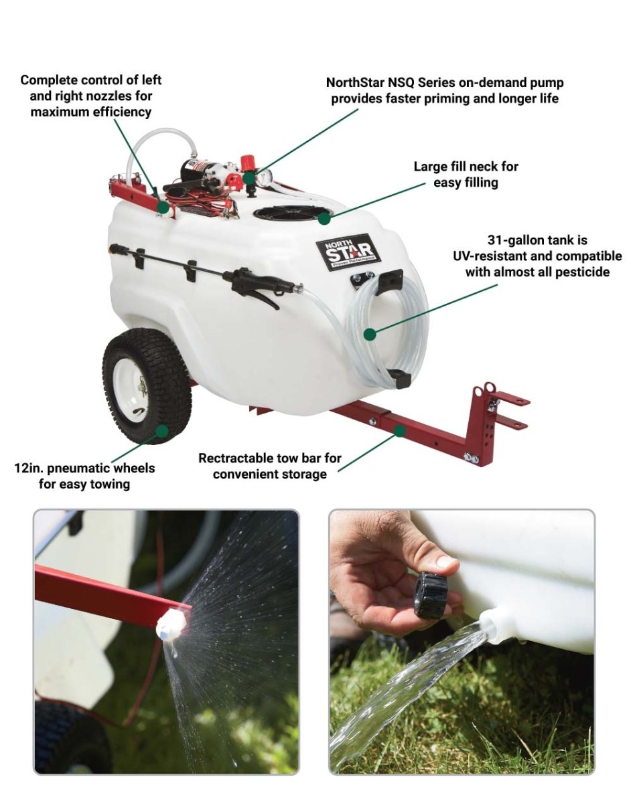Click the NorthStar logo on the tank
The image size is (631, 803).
[348, 251]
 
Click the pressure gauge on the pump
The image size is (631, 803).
[265, 177]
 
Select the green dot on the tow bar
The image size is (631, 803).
[400, 430]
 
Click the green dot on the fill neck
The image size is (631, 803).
[325, 217]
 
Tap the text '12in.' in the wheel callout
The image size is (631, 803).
[29, 468]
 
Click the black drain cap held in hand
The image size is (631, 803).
[431, 594]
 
